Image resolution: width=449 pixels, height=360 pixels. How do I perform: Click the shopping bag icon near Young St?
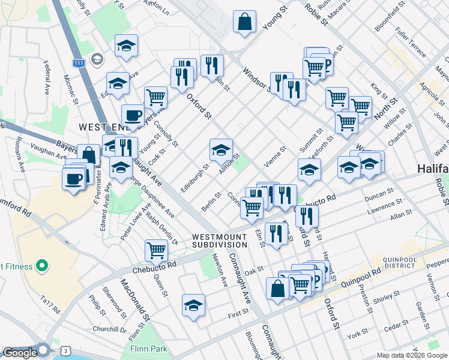(x=244, y=23)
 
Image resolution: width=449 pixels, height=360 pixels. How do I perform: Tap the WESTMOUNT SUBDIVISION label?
(x=220, y=241)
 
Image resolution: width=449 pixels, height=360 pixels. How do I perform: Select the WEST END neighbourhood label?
(x=101, y=127)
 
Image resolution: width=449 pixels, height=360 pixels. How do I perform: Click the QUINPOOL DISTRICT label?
(x=399, y=262)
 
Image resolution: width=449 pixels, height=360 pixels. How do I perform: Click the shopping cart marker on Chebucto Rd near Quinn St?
(x=156, y=249)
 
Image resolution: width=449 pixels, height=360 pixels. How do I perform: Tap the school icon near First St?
(x=193, y=306)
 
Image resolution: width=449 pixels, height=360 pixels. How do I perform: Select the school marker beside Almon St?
(x=221, y=150)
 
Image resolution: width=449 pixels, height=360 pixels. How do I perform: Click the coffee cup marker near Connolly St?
(x=133, y=115)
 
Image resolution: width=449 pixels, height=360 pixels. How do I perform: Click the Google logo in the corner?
(x=20, y=353)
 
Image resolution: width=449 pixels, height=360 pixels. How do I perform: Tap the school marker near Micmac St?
(x=118, y=85)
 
